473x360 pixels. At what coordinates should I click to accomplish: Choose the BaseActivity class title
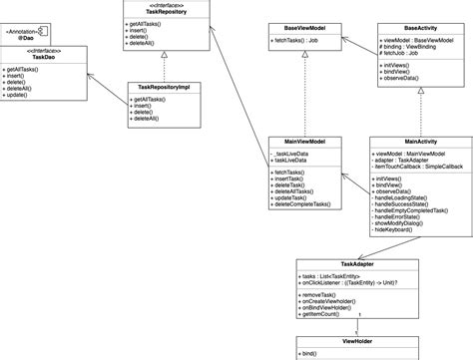coord(418,29)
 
